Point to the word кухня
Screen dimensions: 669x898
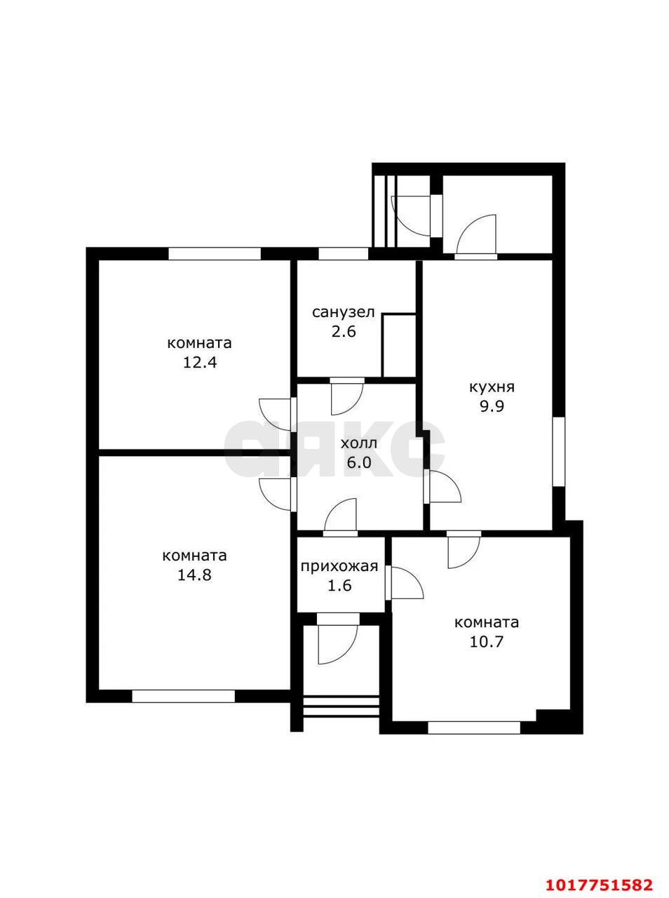492,387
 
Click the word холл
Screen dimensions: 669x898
359,443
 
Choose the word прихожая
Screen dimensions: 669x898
339,567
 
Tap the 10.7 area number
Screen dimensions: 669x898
486,641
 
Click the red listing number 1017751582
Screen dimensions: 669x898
599,882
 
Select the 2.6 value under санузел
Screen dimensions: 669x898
344,331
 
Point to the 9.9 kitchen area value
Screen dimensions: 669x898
492,407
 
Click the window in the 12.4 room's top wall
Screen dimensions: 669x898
215,254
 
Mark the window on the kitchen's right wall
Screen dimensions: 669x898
559,452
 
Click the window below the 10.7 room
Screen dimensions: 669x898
474,728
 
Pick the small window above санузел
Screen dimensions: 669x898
344,254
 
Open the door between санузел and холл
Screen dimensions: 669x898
346,396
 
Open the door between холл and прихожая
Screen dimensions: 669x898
340,517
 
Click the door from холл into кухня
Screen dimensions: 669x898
442,486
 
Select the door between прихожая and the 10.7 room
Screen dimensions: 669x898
404,583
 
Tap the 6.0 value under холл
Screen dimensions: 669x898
358,462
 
